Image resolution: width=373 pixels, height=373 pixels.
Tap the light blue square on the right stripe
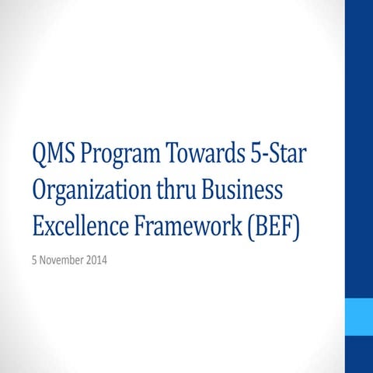(x=358, y=316)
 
